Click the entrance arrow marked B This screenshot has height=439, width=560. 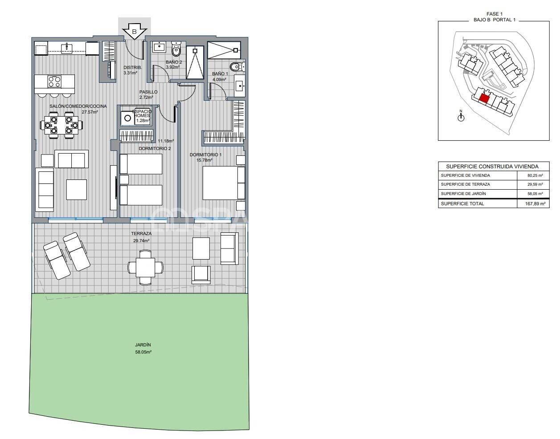[x=135, y=32]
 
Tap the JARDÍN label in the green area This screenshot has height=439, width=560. [x=143, y=348]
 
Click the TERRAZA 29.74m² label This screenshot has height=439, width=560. [x=141, y=237]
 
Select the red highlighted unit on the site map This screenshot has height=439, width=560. [x=484, y=98]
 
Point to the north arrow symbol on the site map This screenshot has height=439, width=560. [x=461, y=117]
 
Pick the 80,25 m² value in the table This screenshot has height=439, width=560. [x=535, y=175]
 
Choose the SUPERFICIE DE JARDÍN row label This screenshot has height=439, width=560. [x=463, y=194]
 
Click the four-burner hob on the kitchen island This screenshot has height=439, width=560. [x=54, y=82]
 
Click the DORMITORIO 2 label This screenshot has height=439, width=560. [x=155, y=148]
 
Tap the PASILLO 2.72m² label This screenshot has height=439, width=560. [x=148, y=94]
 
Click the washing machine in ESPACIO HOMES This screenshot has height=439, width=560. [x=127, y=118]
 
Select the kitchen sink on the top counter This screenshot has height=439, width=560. [x=67, y=47]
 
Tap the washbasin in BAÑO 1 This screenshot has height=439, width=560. [x=239, y=85]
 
